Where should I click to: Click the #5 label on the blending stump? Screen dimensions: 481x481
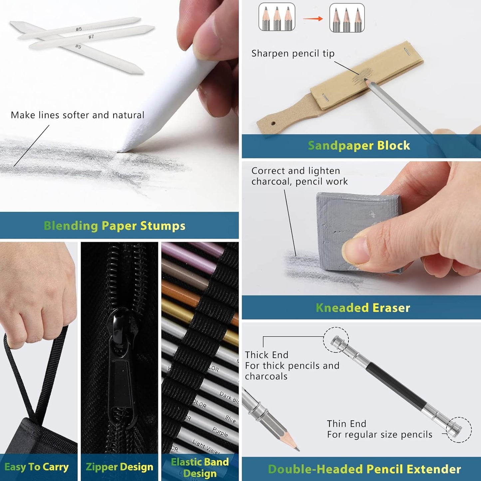coord(79,29)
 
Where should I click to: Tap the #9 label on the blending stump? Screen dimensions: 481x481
coord(78,47)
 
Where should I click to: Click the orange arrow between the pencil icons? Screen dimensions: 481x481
coord(313,19)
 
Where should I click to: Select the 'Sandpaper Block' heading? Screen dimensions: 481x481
coord(359,146)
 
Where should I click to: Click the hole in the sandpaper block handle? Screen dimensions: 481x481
coord(273,123)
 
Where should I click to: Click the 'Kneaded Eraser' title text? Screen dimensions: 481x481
coord(363,308)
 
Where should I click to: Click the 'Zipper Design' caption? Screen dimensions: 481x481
coord(120,467)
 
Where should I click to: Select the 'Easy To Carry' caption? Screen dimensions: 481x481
coord(37,467)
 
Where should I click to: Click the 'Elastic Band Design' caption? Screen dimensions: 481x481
coord(200,467)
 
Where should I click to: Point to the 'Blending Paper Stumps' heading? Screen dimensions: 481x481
coord(115,226)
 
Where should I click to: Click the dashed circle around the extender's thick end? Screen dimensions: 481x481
coord(336,340)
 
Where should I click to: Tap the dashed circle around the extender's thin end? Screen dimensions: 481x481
coord(459,430)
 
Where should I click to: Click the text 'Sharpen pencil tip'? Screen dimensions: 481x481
coord(293,54)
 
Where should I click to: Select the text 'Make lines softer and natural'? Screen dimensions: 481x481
coord(78,115)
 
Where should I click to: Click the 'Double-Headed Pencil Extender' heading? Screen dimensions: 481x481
coord(364,469)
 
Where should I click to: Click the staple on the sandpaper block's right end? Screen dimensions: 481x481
coord(407,51)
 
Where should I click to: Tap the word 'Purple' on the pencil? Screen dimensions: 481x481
coord(220,432)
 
